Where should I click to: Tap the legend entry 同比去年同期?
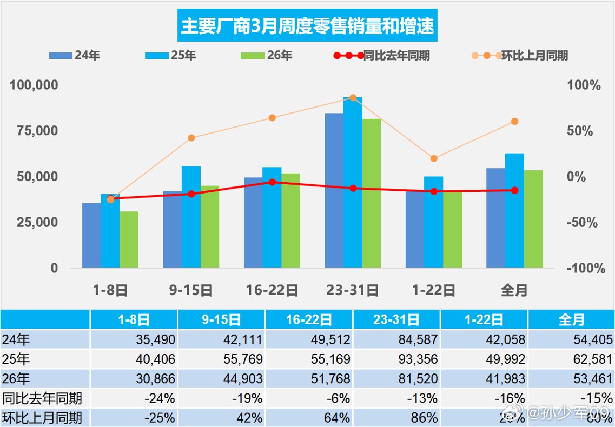click(x=382, y=55)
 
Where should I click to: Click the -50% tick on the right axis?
click(x=583, y=223)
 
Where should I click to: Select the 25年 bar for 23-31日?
click(x=353, y=183)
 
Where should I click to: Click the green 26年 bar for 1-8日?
click(x=129, y=239)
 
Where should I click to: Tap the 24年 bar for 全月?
click(x=495, y=218)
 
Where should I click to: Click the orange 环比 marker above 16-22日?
click(x=272, y=118)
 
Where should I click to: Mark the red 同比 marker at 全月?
click(x=514, y=190)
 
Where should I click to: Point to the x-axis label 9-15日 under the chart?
click(x=191, y=291)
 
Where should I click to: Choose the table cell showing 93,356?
click(x=396, y=359)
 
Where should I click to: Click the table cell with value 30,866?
click(x=134, y=379)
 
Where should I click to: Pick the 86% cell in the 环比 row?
click(x=396, y=418)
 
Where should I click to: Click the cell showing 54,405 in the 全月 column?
click(x=571, y=339)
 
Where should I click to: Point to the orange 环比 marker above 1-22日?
click(x=434, y=158)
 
